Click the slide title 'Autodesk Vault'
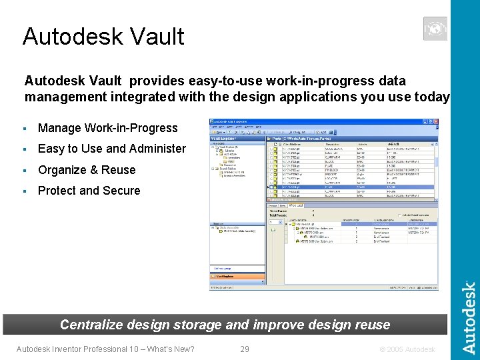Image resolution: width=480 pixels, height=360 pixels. coord(103,36)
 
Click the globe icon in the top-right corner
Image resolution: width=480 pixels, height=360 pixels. coord(435,29)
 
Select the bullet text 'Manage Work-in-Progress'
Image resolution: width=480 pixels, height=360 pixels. coord(108,128)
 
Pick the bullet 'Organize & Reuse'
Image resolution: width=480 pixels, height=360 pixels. coord(87,170)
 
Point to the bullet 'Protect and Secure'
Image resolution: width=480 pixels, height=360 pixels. coord(89,191)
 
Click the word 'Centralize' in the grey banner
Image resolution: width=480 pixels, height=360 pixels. coord(92,325)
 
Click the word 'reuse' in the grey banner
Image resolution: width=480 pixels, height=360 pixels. coord(373,325)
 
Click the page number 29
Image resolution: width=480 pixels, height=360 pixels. coord(245,349)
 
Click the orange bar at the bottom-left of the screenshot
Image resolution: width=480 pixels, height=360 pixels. coord(237,275)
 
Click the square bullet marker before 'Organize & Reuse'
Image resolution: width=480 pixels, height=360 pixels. coord(24,170)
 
